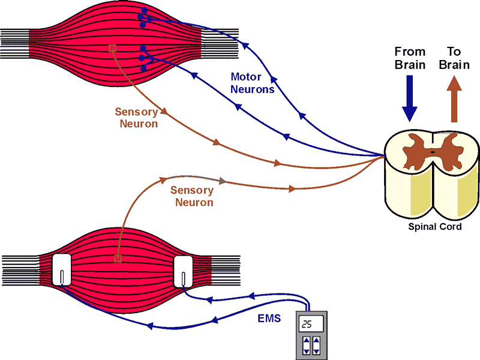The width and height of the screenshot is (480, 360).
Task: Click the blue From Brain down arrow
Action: point(410,102)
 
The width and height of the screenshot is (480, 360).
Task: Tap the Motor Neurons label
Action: point(253,83)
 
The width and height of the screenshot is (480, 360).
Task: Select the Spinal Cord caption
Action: point(434,227)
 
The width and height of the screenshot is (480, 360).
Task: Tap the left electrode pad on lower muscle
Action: point(62,271)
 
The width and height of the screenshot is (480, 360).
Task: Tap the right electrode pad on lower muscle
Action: point(182,271)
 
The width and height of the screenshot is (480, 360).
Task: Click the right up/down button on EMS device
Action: point(318,346)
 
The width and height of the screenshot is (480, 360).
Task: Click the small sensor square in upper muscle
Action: point(112,48)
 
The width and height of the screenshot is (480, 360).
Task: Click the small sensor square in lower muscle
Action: point(118,259)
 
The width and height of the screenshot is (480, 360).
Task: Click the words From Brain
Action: point(410,58)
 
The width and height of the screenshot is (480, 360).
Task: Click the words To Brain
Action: point(454,58)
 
